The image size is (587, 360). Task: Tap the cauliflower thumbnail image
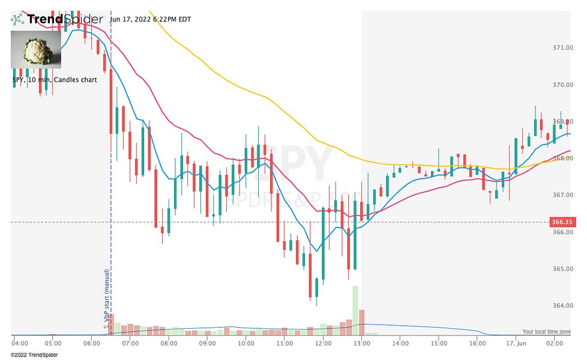36,50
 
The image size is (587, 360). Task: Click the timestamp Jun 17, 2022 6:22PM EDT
151,19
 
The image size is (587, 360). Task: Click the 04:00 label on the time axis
20,343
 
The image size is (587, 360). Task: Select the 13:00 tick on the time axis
361,343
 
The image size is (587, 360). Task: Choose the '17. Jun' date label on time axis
516,343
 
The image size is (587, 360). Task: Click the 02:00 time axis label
554,343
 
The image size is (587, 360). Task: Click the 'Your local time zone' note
546,331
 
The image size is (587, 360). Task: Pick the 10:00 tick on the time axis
245,343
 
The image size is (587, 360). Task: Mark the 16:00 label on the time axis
478,343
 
